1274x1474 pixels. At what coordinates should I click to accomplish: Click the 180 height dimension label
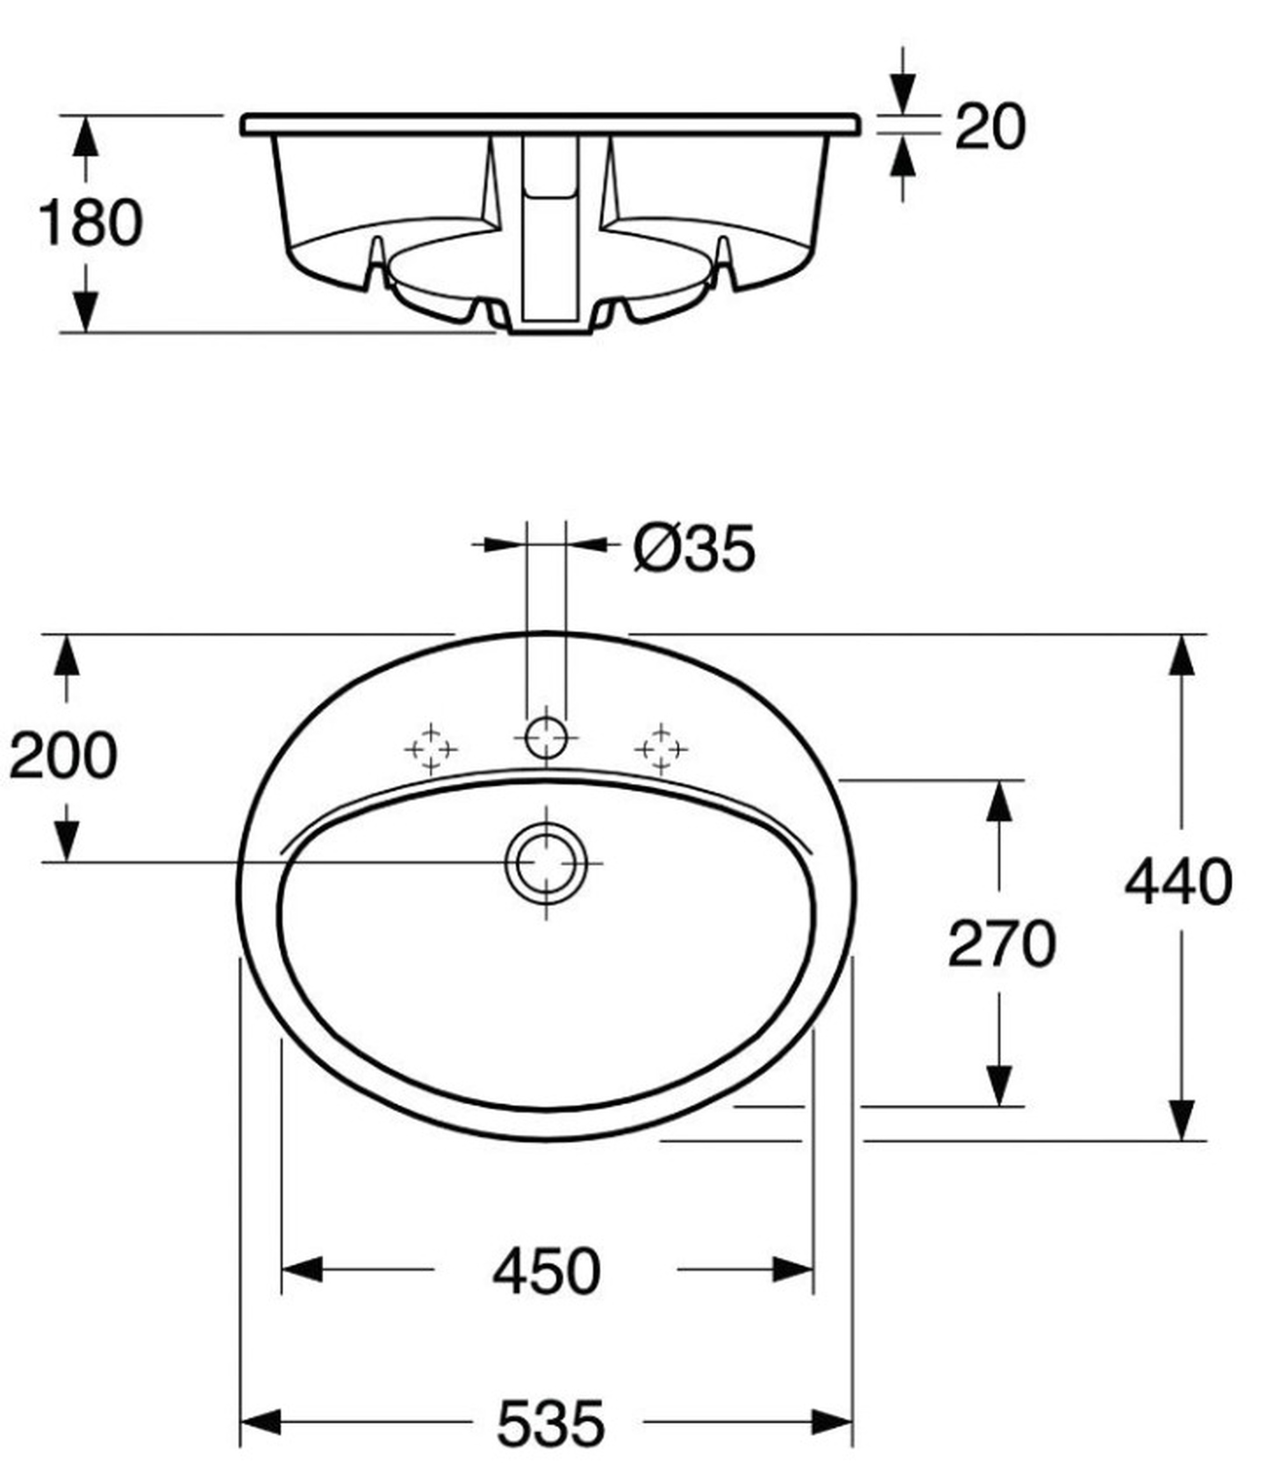tap(90, 223)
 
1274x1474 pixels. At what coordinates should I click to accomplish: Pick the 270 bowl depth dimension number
tap(1001, 944)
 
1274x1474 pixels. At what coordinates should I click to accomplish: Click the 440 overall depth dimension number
tap(1178, 882)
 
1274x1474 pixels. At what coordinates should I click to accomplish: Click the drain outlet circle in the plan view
tap(547, 863)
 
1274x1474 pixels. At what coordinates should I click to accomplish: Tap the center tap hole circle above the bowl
tap(547, 738)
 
